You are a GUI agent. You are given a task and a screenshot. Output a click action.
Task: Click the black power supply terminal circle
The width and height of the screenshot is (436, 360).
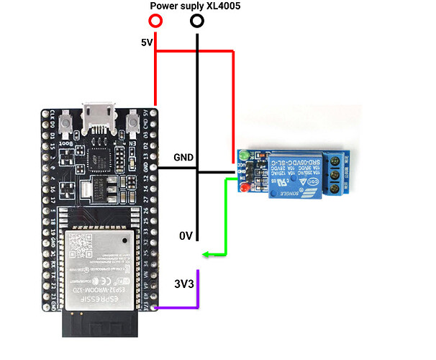(x=196, y=22)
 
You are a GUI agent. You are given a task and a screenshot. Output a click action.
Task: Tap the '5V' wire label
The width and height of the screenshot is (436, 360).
(x=147, y=42)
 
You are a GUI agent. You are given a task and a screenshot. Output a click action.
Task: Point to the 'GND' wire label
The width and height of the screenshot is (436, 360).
(x=183, y=157)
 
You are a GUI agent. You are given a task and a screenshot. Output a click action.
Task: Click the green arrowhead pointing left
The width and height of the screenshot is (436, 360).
(x=206, y=253)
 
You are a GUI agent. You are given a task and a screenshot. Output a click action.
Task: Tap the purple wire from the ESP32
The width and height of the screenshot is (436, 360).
(x=180, y=307)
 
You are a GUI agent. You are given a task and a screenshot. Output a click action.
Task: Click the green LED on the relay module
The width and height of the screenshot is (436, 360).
(x=245, y=154)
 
